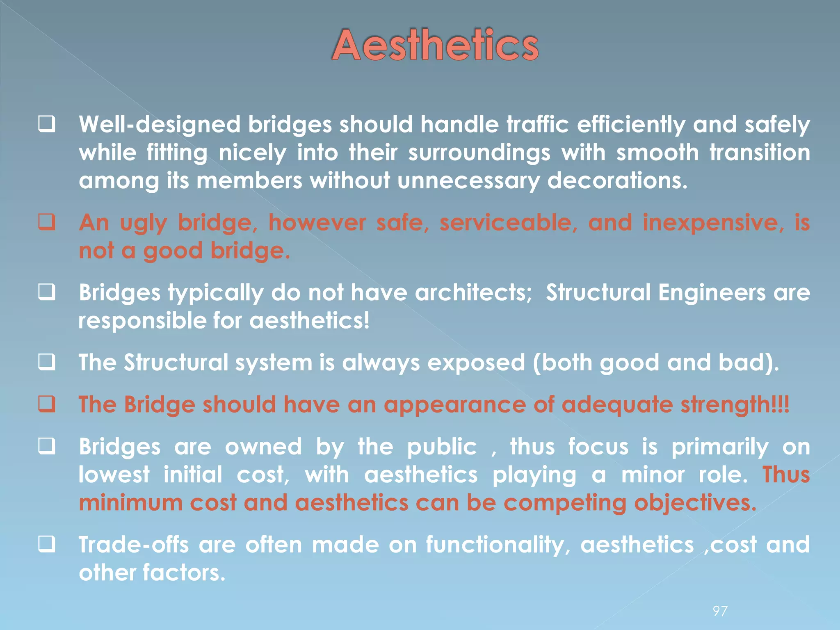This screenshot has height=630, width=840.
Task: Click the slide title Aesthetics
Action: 435,45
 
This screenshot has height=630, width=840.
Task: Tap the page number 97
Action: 720,611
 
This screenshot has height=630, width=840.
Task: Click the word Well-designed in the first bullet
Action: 160,125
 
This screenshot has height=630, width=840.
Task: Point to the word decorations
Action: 617,181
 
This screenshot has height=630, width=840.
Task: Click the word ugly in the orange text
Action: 143,224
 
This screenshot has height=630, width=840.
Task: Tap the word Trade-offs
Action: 134,545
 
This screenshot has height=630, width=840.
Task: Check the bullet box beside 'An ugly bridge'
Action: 47,223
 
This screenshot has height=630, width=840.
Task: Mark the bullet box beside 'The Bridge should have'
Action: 47,404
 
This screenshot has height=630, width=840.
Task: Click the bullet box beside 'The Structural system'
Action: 47,363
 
